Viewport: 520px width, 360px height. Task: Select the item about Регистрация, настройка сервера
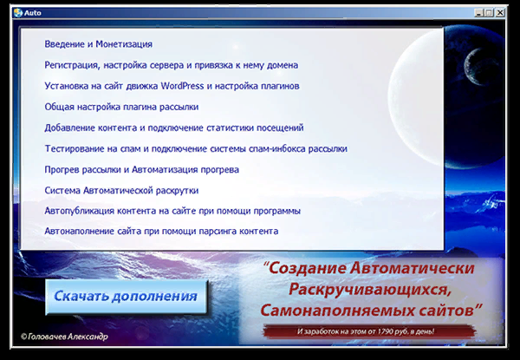pyautogui.click(x=172, y=65)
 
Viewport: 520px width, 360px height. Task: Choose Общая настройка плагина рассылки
pyautogui.click(x=121, y=107)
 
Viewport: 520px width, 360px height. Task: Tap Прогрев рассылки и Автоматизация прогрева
pyautogui.click(x=141, y=169)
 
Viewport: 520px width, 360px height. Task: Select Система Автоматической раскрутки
pyautogui.click(x=121, y=190)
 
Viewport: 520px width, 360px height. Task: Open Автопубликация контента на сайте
pyautogui.click(x=172, y=211)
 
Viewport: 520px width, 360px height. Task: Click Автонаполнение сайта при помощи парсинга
pyautogui.click(x=161, y=232)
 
